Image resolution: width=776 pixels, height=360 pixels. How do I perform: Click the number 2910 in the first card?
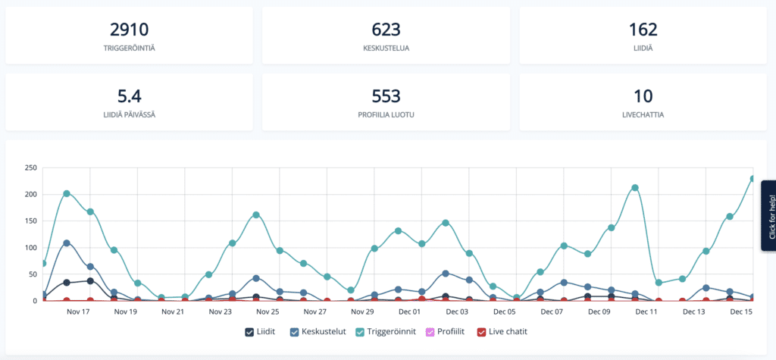point(129,30)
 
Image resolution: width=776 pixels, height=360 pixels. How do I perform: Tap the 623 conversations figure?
point(386,30)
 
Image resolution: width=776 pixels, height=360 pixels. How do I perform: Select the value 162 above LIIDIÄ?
point(643,30)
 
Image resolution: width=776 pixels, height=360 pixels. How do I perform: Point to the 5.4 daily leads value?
point(129,96)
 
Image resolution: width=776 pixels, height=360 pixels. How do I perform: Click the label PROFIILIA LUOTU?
point(386,115)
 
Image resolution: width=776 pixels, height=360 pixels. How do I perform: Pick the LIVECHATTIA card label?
point(643,115)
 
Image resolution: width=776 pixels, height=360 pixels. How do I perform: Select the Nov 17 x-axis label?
point(79,311)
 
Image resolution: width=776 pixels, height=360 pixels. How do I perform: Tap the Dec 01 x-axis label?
point(410,311)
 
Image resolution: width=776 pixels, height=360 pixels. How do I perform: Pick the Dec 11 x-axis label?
point(646,311)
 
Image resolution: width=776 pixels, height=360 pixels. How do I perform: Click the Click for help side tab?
point(769,215)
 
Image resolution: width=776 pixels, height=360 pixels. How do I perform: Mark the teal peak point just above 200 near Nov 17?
point(67,193)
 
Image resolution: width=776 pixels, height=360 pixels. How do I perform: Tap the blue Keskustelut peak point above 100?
point(67,243)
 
